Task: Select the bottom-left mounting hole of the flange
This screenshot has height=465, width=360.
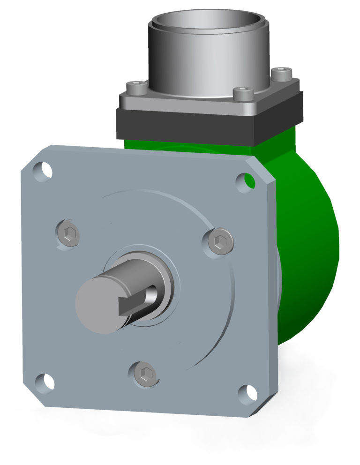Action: [45, 382]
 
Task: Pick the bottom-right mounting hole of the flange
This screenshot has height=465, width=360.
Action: [246, 394]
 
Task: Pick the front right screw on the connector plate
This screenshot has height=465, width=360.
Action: [243, 93]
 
